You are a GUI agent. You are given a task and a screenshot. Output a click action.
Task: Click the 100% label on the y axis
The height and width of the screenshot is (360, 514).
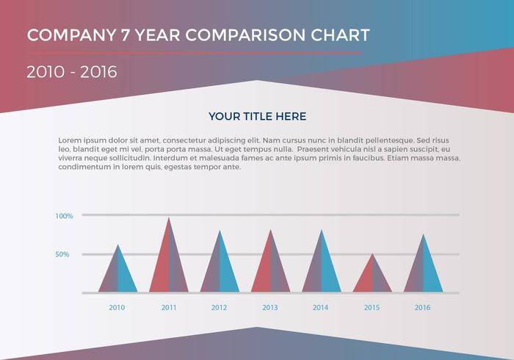[64, 216]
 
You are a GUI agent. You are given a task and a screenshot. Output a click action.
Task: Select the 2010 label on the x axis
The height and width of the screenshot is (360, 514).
[117, 307]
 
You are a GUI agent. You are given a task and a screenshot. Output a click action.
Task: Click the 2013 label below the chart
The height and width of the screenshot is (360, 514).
[270, 307]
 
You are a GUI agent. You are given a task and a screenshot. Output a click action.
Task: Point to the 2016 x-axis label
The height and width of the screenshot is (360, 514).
[423, 307]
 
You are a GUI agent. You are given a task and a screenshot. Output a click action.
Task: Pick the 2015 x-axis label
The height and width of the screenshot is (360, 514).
[372, 307]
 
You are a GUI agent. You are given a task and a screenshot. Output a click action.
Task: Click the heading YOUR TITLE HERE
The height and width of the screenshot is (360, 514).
[257, 116]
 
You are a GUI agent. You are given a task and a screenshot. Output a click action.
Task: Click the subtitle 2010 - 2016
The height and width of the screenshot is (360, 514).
[71, 72]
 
